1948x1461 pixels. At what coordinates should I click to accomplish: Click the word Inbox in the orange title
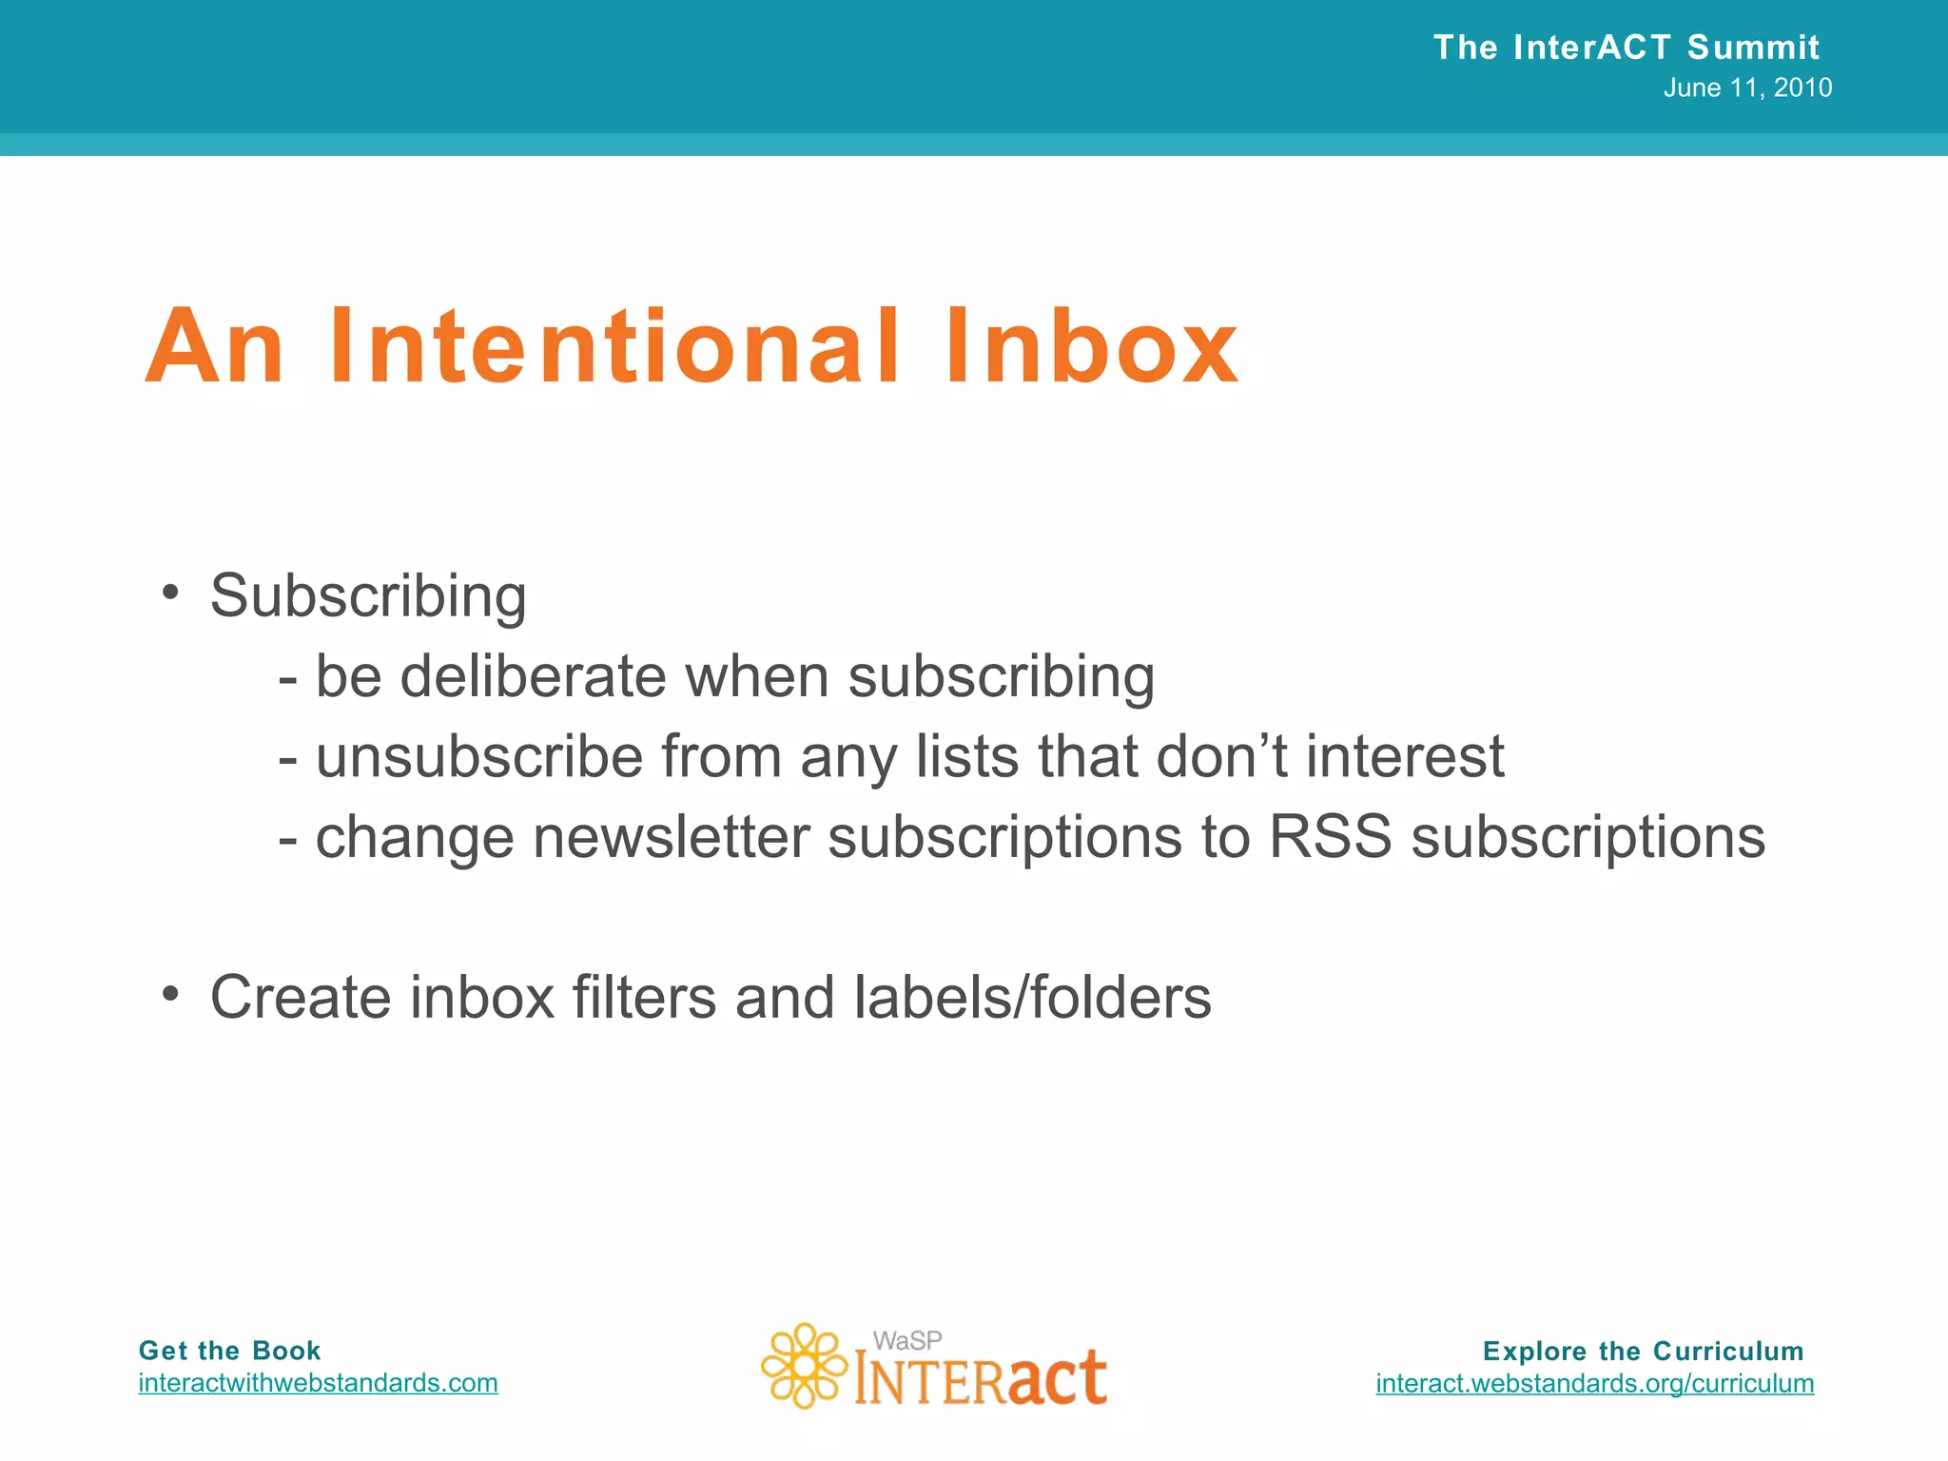coord(1092,347)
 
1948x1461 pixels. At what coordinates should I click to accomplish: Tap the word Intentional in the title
coord(614,347)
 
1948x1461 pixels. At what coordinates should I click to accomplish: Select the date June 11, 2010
coord(1747,88)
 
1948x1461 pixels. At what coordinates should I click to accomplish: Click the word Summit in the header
coord(1753,47)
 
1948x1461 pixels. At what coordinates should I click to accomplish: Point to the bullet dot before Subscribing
coord(170,592)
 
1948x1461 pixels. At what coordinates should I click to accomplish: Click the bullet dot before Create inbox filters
coord(170,994)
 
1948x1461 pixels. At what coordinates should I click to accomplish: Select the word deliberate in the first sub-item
coord(534,676)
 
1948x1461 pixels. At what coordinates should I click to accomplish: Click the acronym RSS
coord(1330,837)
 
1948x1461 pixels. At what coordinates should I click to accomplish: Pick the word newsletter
coord(671,837)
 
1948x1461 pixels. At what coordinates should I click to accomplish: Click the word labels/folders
coord(1033,998)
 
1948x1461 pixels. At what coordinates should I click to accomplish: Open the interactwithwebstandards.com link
coord(318,1383)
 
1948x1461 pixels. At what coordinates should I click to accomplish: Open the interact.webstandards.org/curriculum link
coord(1594,1383)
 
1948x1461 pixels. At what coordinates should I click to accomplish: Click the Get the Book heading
coord(229,1351)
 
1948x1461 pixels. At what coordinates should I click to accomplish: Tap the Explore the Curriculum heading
coord(1643,1351)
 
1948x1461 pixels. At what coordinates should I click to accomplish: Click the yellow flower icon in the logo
coord(804,1366)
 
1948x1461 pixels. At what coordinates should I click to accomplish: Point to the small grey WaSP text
coord(907,1340)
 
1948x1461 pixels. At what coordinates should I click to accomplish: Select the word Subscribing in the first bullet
coord(368,596)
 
